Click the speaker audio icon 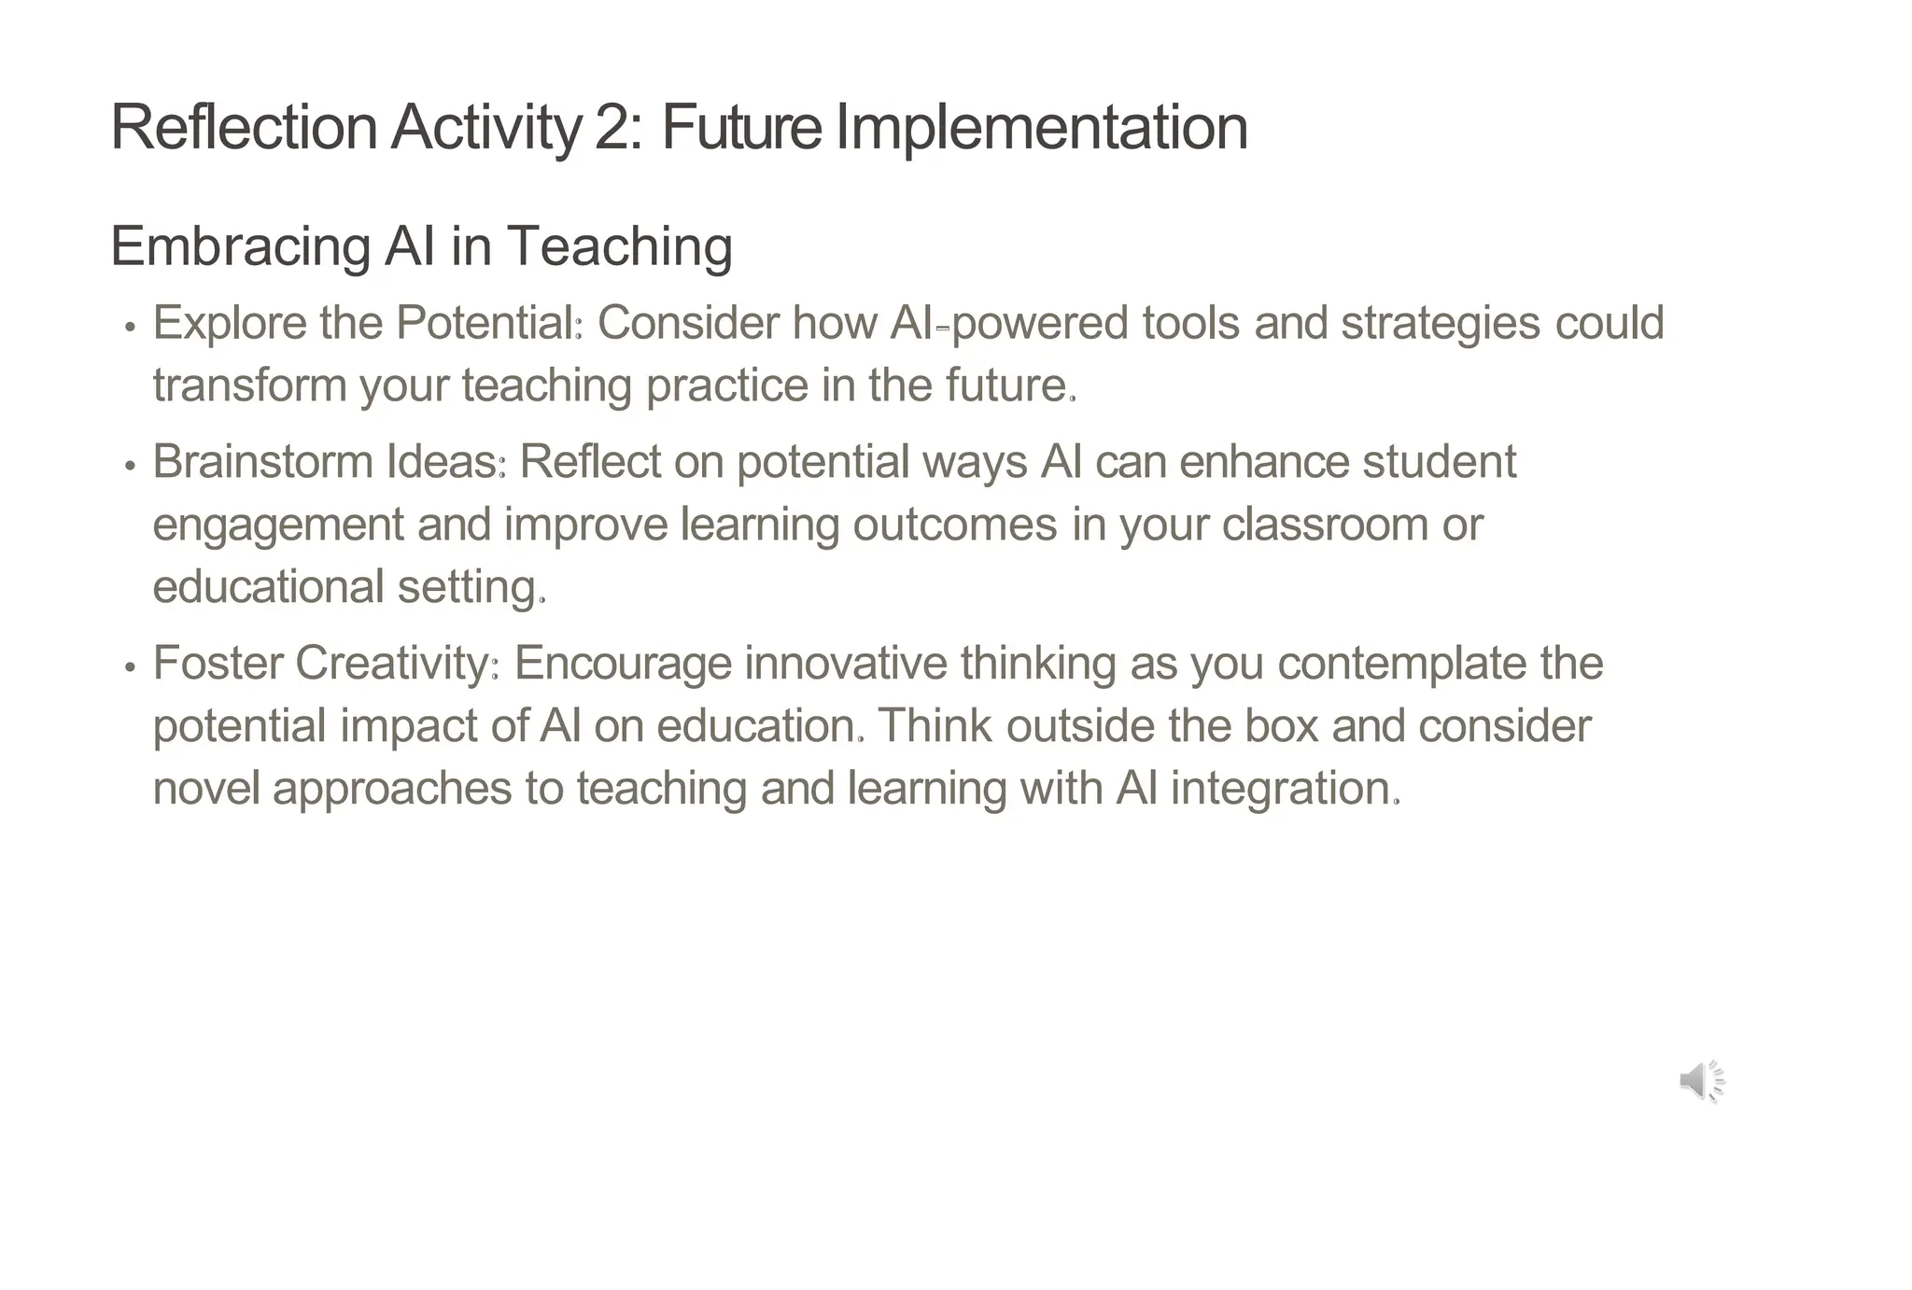pyautogui.click(x=1701, y=1081)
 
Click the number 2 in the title pyautogui.click(x=612, y=127)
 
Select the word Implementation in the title pyautogui.click(x=1041, y=127)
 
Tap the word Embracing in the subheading pyautogui.click(x=240, y=246)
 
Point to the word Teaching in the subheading pyautogui.click(x=619, y=246)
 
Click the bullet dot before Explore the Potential pyautogui.click(x=131, y=328)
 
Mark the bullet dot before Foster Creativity pyautogui.click(x=131, y=667)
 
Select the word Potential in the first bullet pyautogui.click(x=485, y=323)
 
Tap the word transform pyautogui.click(x=249, y=386)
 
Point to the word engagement pyautogui.click(x=277, y=525)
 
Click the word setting pyautogui.click(x=467, y=587)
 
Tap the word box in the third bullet pyautogui.click(x=1281, y=725)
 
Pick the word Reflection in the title pyautogui.click(x=244, y=127)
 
